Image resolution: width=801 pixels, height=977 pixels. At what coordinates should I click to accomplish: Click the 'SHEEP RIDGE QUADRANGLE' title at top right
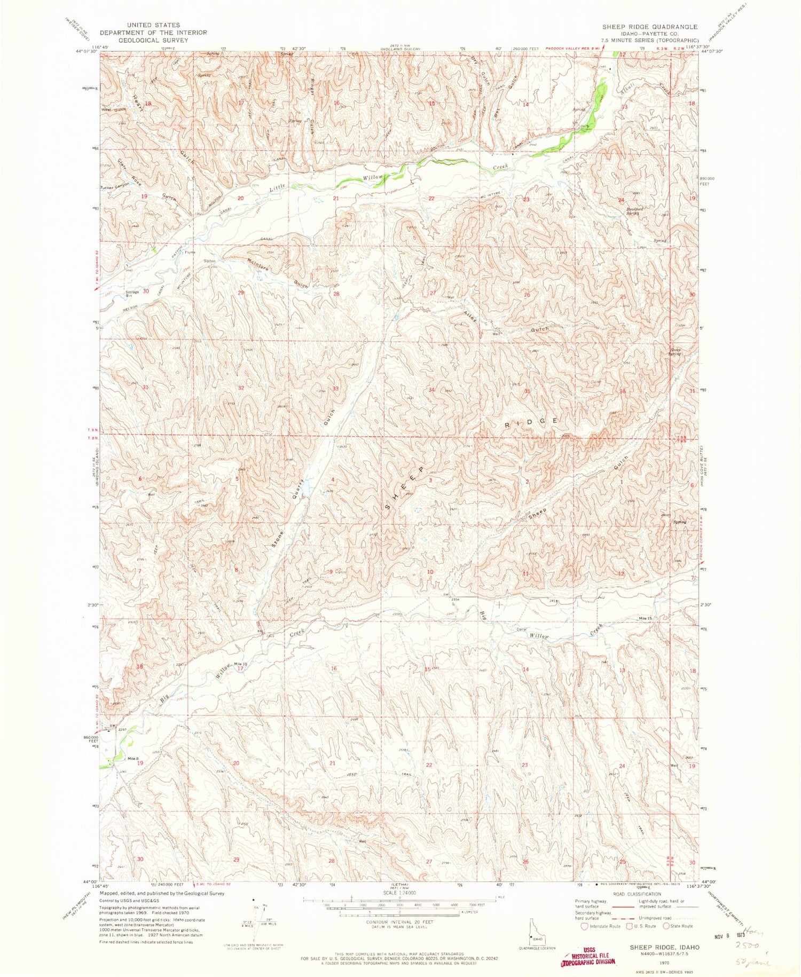649,27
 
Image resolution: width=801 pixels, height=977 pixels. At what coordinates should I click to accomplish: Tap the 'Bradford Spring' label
635,211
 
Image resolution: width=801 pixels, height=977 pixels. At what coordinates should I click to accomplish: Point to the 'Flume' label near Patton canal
190,252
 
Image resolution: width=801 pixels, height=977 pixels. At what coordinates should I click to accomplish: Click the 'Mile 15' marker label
646,618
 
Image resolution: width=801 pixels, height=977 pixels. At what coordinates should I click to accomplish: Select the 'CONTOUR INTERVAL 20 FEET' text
400,922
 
